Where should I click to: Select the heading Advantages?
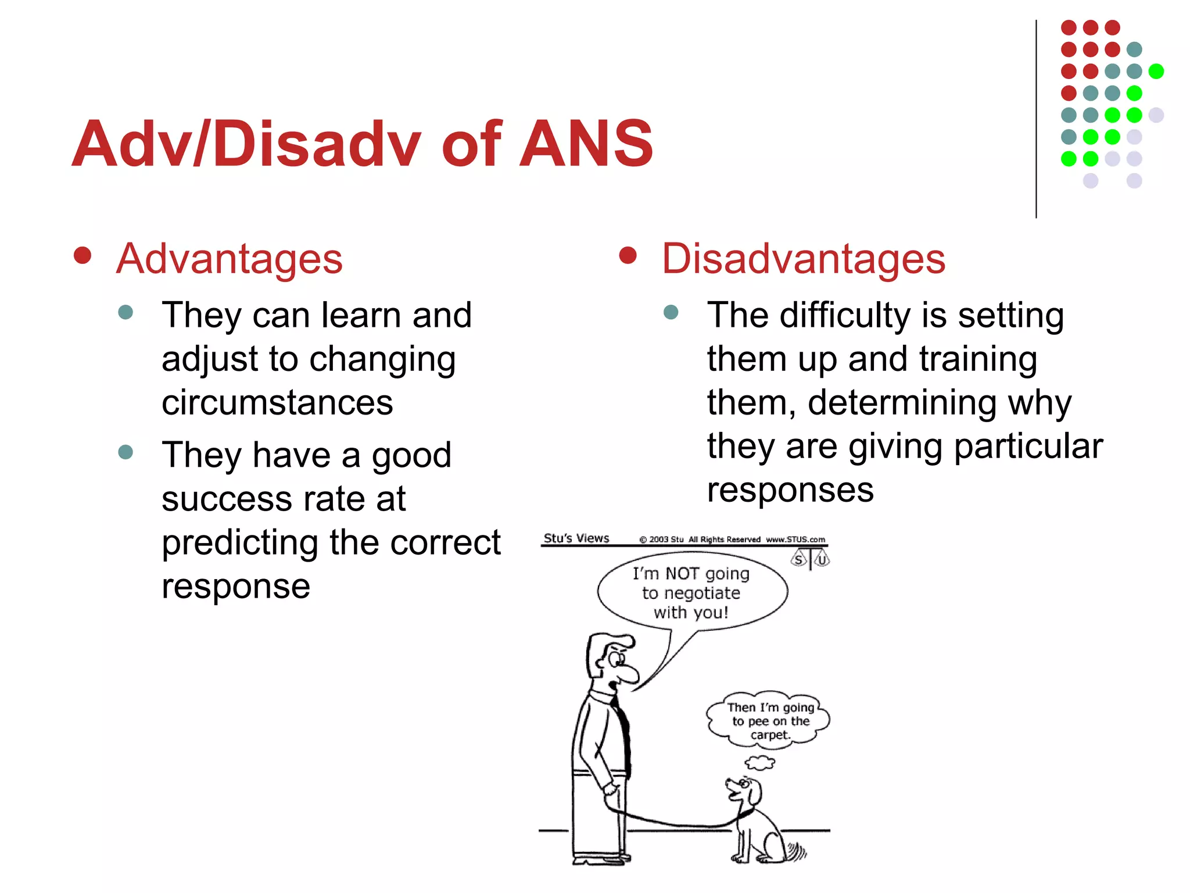point(230,259)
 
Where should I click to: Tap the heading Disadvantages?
point(803,259)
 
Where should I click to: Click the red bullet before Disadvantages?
point(628,255)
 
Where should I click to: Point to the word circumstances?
point(277,402)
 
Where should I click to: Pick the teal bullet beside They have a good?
point(126,452)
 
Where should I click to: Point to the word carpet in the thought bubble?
point(769,735)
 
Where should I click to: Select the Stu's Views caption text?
point(576,538)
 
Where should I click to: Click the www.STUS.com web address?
point(795,540)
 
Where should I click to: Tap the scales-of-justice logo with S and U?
point(810,560)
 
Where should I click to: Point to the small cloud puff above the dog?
point(759,762)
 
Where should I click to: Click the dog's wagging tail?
point(796,852)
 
